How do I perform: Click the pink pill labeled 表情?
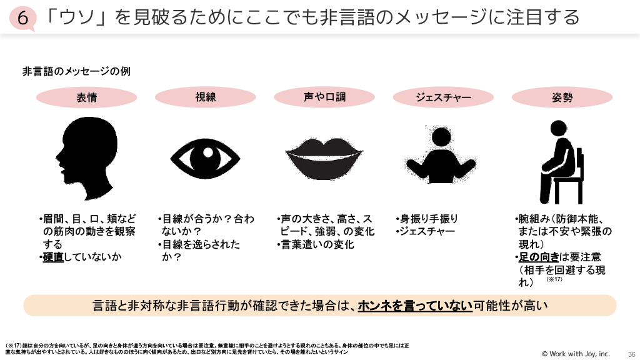87,97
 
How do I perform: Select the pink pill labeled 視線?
206,97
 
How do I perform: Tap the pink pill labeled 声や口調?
324,97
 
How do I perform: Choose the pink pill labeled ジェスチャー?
443,97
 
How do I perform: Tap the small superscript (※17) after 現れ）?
555,279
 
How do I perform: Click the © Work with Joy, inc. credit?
575,354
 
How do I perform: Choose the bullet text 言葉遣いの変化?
316,244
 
